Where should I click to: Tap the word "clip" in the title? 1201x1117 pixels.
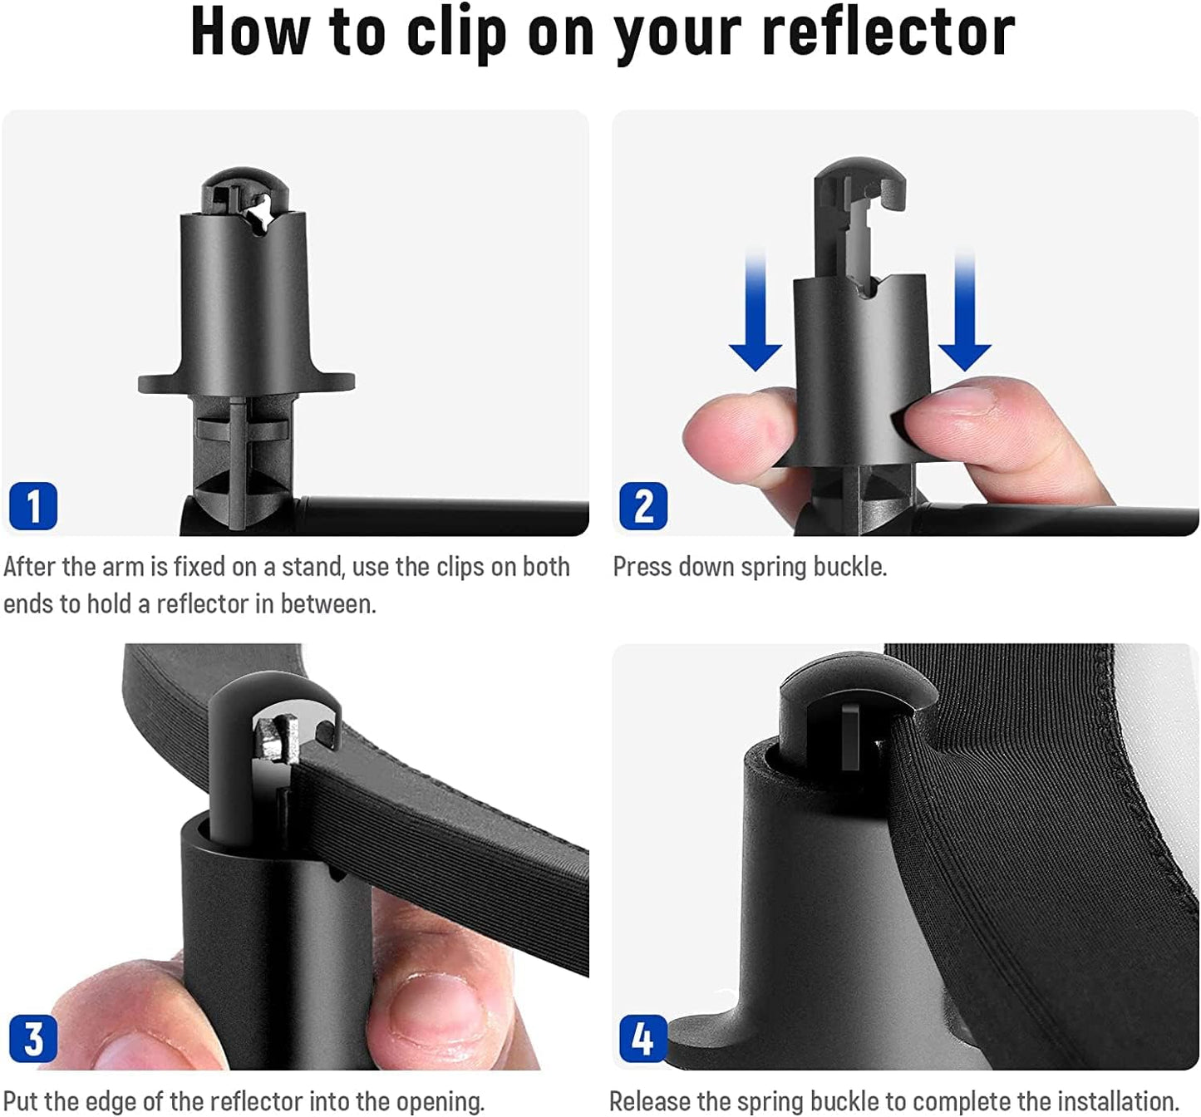pos(456,32)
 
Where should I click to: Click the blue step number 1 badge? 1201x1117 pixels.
pos(33,506)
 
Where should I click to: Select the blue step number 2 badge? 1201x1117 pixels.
pos(643,506)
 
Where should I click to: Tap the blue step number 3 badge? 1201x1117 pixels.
pos(33,1039)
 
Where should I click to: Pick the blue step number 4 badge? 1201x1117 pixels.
pos(643,1039)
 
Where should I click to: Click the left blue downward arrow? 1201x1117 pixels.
pos(755,316)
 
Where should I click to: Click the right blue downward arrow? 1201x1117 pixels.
pos(964,316)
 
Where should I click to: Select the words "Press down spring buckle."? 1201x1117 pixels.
pos(750,567)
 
